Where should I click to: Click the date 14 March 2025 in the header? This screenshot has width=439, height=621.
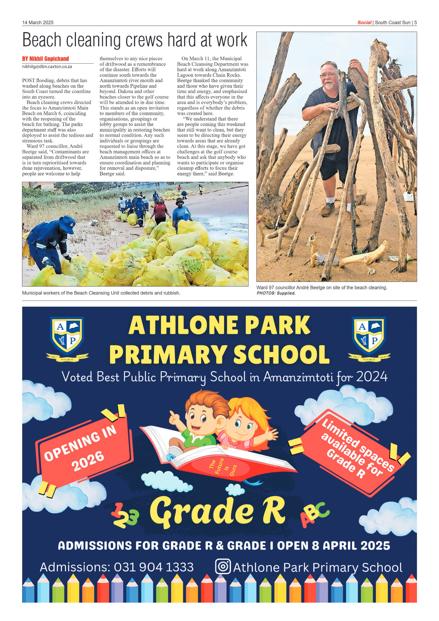tap(38, 23)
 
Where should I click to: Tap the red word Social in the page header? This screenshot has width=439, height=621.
tap(364, 23)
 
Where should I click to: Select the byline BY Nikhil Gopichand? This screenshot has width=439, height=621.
tap(46, 59)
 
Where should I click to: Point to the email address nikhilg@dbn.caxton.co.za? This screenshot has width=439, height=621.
tap(47, 67)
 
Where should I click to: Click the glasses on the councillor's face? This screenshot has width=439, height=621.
tap(328, 75)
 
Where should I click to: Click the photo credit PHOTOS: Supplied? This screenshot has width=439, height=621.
tap(276, 293)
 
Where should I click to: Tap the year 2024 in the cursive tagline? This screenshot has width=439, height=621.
tap(372, 377)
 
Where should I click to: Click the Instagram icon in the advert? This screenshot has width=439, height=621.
tap(223, 567)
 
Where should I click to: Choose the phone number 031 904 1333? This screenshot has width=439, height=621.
tap(154, 567)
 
